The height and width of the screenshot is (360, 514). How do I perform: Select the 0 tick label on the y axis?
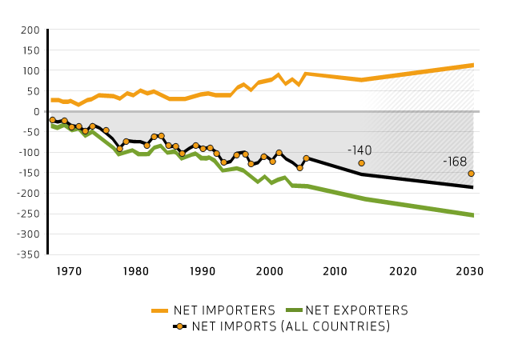coord(35,111)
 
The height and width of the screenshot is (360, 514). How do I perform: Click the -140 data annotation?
coord(359,150)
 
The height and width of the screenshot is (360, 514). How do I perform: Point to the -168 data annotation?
coord(456,162)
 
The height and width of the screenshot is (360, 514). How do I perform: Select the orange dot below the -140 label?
coord(361,163)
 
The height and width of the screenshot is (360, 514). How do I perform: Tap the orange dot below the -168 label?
coord(471,174)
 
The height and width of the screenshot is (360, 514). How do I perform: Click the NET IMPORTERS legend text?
coord(227,310)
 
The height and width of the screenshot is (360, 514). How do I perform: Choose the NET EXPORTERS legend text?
coord(356,310)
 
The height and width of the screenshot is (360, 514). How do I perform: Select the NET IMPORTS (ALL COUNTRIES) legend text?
coord(290,326)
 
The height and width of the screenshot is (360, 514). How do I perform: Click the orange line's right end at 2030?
coord(472,65)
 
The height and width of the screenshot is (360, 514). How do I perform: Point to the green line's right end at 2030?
coord(472,215)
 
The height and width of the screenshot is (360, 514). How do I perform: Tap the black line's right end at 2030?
coord(472,187)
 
